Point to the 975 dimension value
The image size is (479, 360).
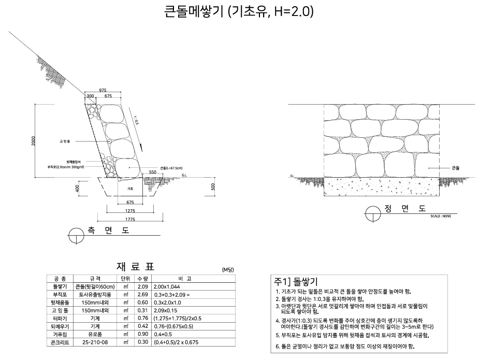tap(103, 90)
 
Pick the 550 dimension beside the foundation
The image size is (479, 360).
tap(153, 171)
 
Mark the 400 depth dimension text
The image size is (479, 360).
tap(77, 187)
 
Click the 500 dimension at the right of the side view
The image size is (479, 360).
tap(213, 187)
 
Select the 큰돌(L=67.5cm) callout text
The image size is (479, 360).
tap(171, 168)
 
